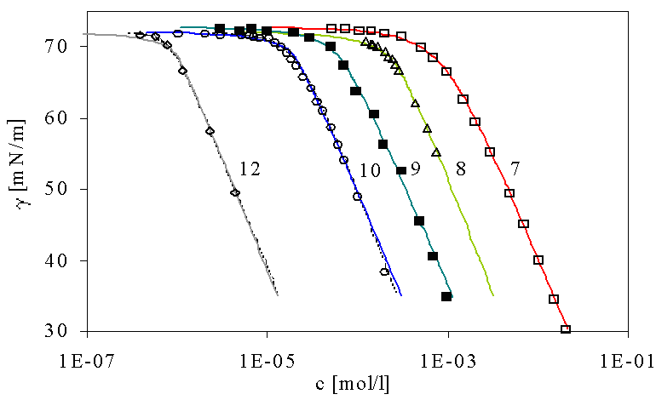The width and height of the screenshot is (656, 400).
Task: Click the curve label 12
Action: pyautogui.click(x=250, y=169)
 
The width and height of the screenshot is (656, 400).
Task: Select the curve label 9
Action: pyautogui.click(x=415, y=169)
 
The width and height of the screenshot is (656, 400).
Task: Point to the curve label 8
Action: pyautogui.click(x=460, y=169)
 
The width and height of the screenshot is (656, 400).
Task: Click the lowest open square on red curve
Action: pyautogui.click(x=566, y=330)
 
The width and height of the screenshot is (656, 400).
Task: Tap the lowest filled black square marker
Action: pyautogui.click(x=446, y=296)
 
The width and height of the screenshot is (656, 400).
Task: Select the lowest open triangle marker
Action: pyautogui.click(x=436, y=152)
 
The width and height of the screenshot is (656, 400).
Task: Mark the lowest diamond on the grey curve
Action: pyautogui.click(x=235, y=193)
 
